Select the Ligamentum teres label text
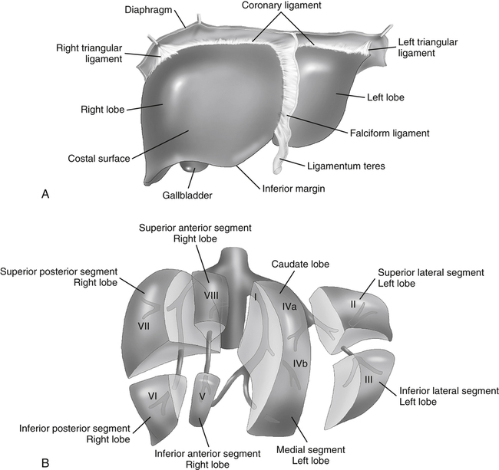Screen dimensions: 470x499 [347, 164]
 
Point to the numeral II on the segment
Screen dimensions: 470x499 [353, 304]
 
